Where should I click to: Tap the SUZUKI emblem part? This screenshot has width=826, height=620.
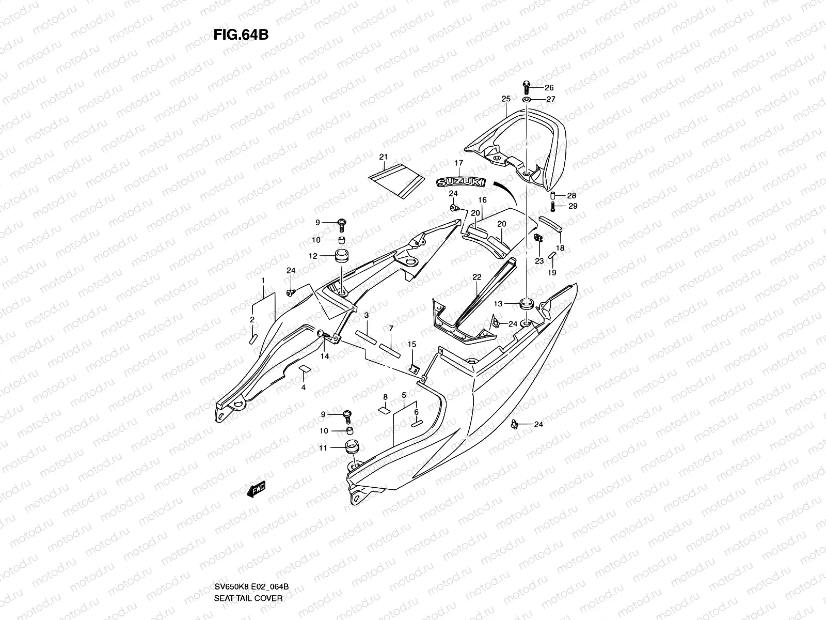click(x=461, y=182)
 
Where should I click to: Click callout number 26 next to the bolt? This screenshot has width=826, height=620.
click(x=549, y=87)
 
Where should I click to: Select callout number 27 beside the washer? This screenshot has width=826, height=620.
click(x=550, y=99)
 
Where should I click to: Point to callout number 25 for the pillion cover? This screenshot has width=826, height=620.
click(x=505, y=99)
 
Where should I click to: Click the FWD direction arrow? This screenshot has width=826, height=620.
click(x=257, y=489)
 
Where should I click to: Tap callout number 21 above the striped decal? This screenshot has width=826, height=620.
click(x=383, y=157)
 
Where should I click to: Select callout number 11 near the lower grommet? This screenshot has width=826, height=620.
click(x=323, y=448)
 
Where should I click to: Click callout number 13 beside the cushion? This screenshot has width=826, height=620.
click(x=498, y=303)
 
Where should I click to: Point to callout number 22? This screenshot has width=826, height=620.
click(x=476, y=277)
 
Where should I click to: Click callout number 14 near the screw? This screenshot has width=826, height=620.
click(x=325, y=356)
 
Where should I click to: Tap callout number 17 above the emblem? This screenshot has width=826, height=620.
click(x=458, y=163)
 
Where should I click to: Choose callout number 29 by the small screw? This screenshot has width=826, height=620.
click(x=573, y=206)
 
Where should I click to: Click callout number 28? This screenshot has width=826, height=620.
click(x=571, y=196)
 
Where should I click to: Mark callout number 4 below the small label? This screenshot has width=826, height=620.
click(x=303, y=387)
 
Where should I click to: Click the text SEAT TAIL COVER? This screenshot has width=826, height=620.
click(x=248, y=598)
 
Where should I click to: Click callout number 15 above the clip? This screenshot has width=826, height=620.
click(x=411, y=344)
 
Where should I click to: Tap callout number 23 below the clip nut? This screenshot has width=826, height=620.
click(x=539, y=261)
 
